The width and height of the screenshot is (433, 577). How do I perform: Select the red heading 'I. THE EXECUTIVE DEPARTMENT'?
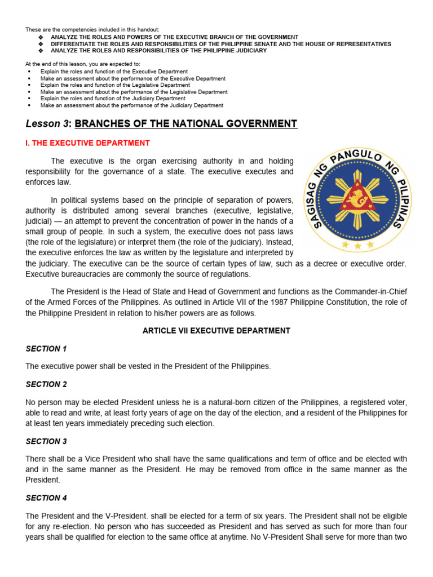(x=87, y=143)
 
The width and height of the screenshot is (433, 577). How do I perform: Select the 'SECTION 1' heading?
(x=46, y=349)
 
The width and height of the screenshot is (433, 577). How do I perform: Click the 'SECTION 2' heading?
(x=46, y=384)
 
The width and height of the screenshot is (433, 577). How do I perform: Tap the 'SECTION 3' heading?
(x=46, y=441)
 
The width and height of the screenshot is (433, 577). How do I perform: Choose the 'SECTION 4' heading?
(x=46, y=498)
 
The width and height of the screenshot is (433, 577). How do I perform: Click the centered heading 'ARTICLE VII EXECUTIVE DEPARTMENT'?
(x=216, y=331)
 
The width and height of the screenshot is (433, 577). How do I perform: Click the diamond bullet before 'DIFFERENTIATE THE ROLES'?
(x=41, y=44)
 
